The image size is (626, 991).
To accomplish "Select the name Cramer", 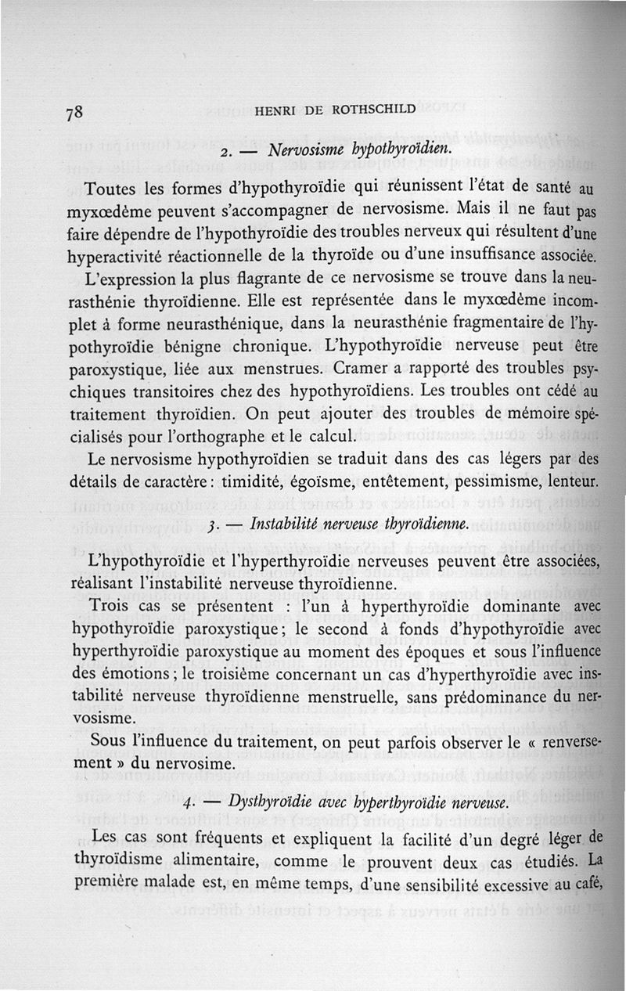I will [x=360, y=368].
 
